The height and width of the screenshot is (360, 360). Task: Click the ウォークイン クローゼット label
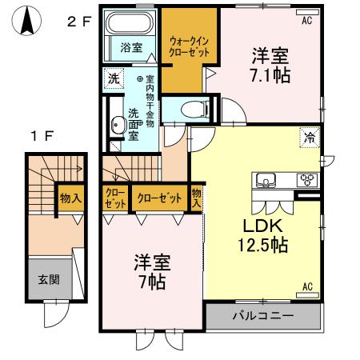pos(189,45)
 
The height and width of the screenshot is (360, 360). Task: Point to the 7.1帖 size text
pos(270,75)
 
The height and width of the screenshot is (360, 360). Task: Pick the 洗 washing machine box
pos(114,79)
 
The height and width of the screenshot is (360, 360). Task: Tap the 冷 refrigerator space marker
pos(308,137)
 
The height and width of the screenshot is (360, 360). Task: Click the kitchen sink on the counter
pos(266,178)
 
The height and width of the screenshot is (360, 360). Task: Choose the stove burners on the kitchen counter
pos(306,178)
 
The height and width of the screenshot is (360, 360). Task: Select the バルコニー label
pos(263,316)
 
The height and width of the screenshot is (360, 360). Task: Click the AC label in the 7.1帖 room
pos(306,22)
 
